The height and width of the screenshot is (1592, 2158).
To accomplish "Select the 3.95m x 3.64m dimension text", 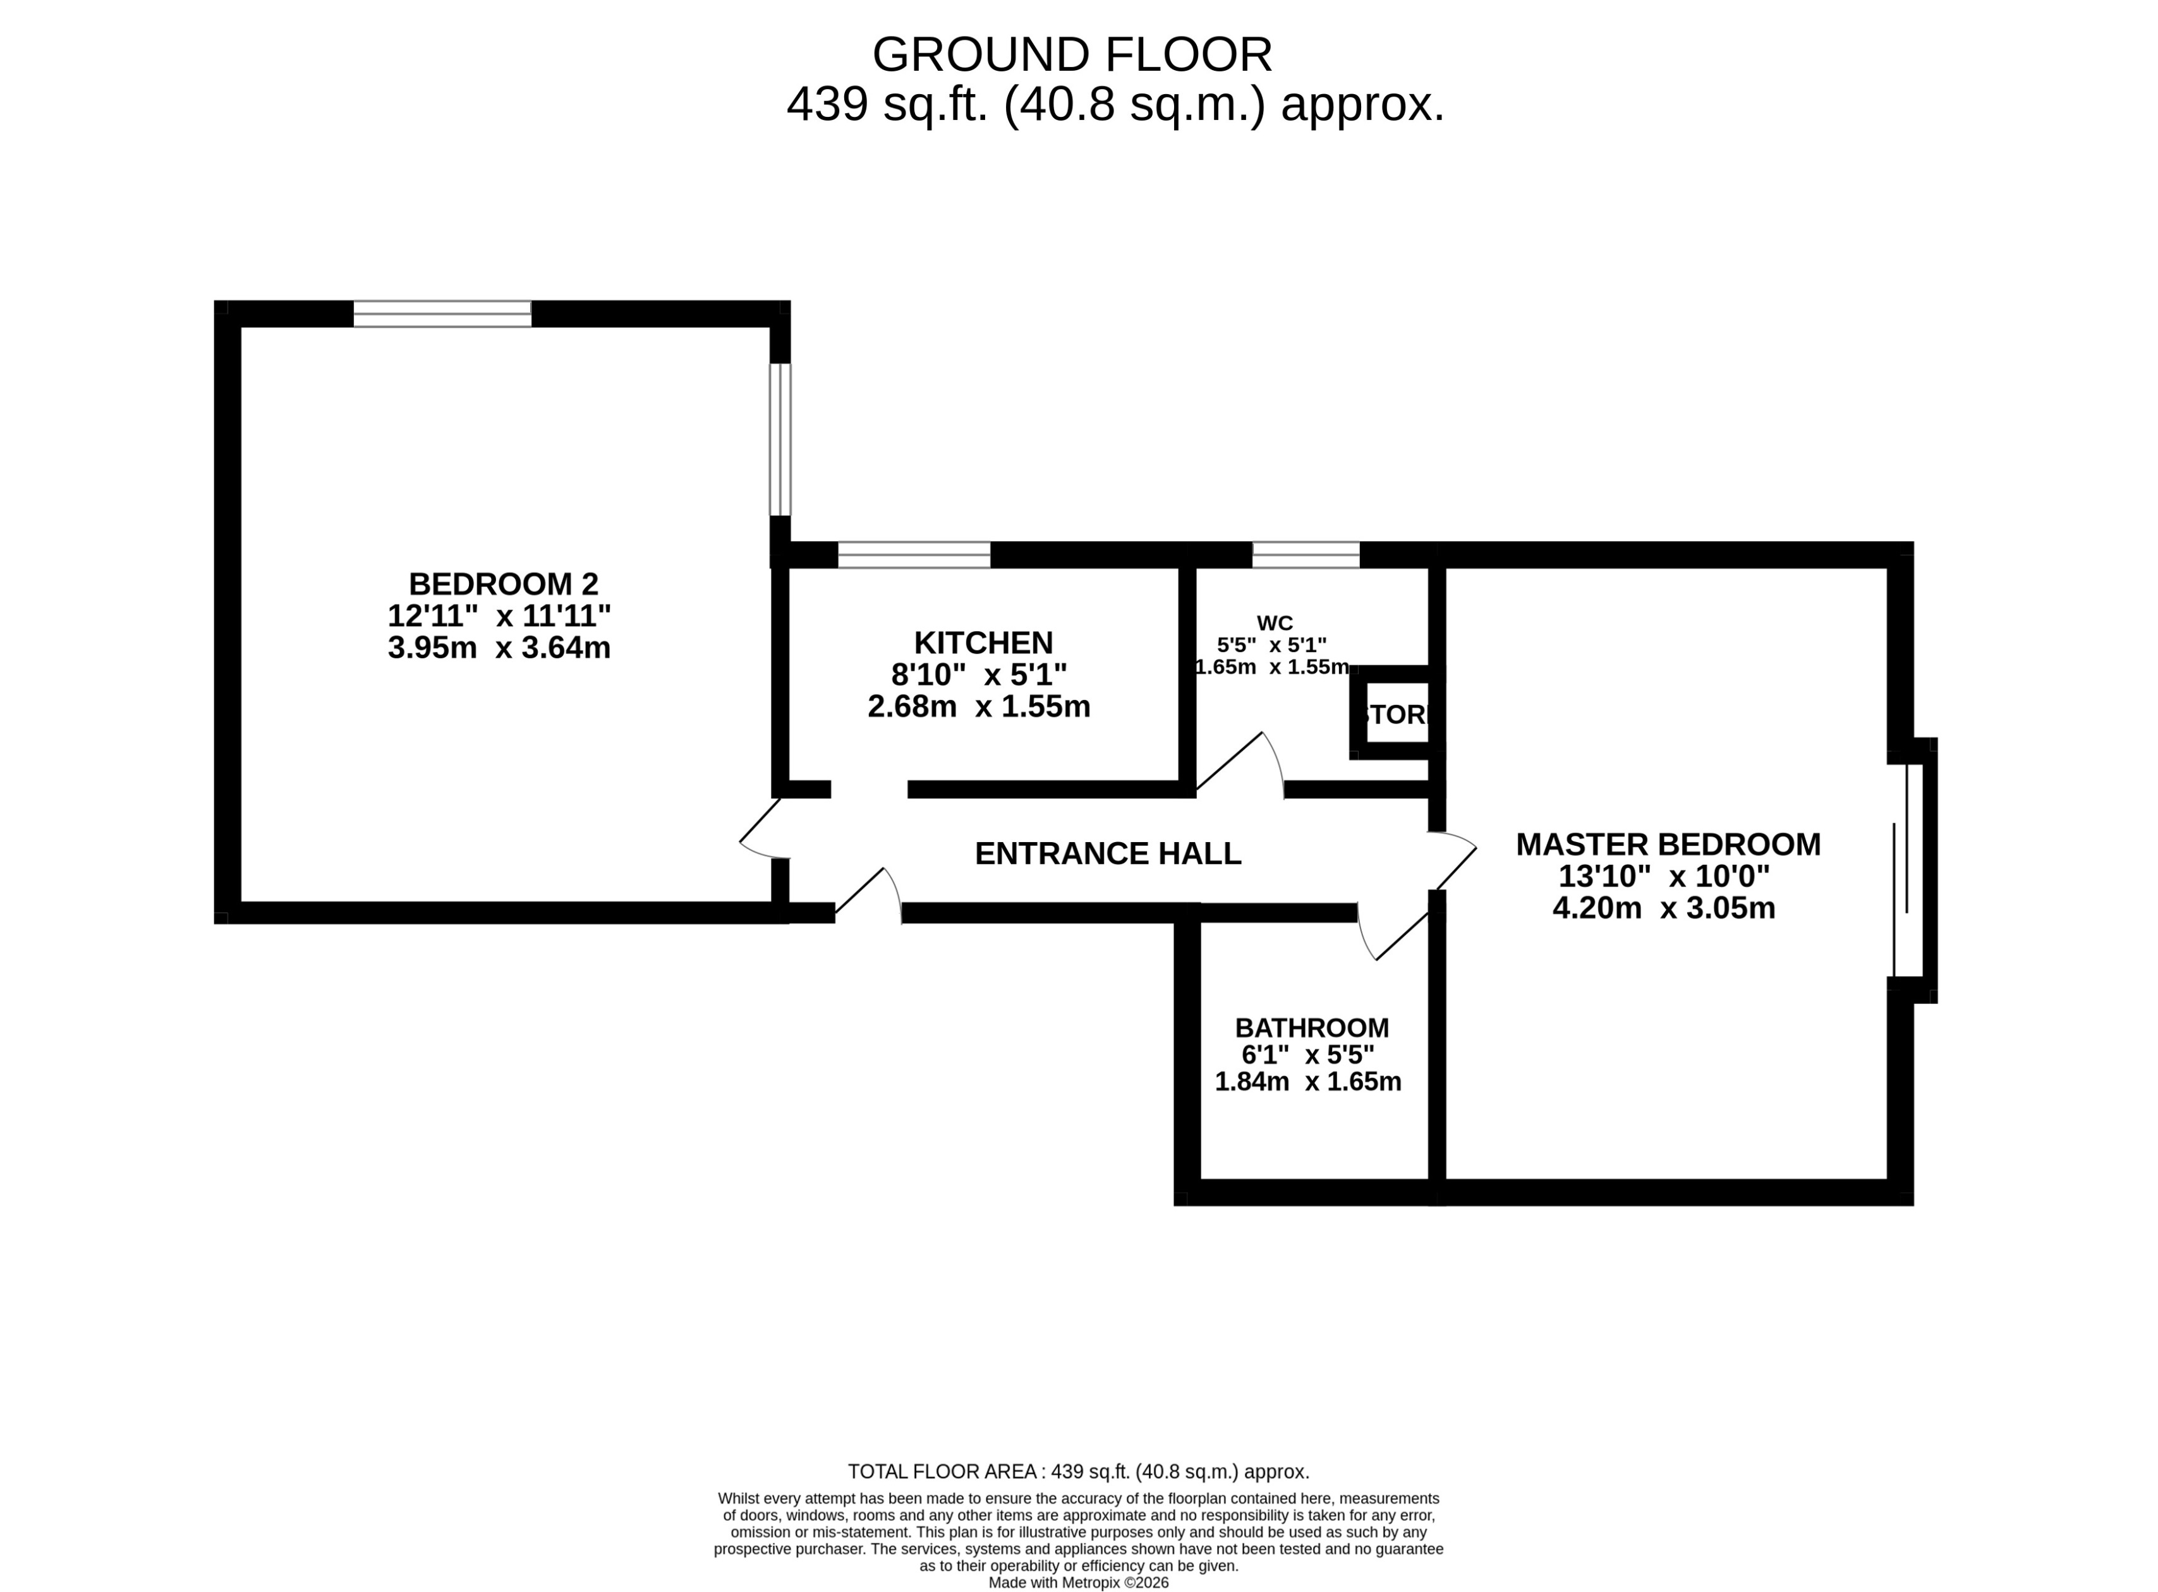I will click(x=499, y=648).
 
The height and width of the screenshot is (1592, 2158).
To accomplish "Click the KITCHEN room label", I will click(x=983, y=642).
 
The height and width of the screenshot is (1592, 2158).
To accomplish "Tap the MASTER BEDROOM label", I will click(x=1668, y=844).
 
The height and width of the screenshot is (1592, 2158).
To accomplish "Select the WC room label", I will click(x=1274, y=624).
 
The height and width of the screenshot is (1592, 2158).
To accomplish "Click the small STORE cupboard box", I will click(x=1397, y=714).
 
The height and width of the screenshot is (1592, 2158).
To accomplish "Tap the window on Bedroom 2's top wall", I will click(x=442, y=314).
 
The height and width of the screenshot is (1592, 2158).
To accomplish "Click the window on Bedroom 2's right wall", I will click(x=780, y=440).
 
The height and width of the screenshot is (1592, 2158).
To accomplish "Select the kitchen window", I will click(x=914, y=555).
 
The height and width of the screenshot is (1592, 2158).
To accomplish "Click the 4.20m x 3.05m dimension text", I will click(x=1664, y=908).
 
